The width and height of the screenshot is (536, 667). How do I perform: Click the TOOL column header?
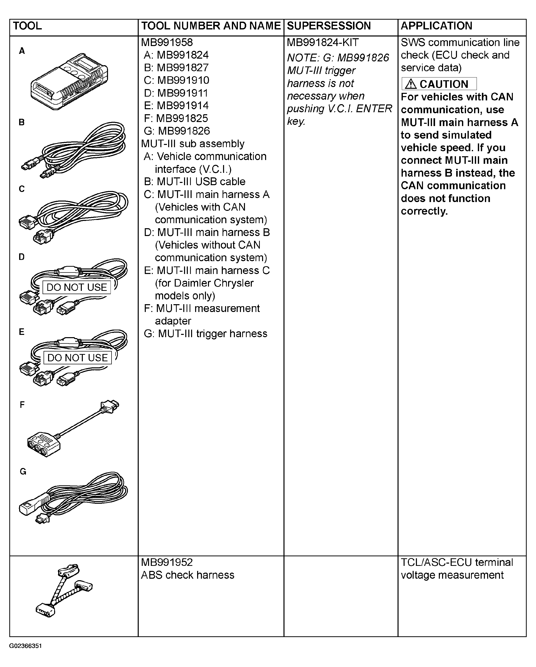click(27, 26)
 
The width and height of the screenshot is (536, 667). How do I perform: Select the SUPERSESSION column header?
click(329, 26)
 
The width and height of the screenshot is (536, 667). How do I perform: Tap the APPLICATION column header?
click(436, 26)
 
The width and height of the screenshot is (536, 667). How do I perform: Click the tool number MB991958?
click(167, 42)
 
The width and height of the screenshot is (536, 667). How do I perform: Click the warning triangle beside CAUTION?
click(411, 84)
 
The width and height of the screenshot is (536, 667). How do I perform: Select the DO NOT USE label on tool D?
click(77, 287)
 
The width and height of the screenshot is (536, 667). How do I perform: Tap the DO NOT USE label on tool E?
click(77, 358)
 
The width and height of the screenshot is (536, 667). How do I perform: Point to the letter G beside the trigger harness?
click(23, 472)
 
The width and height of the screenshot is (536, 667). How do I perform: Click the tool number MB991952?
click(167, 562)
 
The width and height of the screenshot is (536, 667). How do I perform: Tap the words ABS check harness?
click(187, 575)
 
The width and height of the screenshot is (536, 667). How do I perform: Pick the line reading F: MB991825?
click(176, 118)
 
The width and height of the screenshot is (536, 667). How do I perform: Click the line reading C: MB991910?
click(176, 80)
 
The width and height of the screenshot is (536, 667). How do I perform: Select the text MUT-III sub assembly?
click(193, 144)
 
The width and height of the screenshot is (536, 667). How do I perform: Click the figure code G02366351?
click(25, 646)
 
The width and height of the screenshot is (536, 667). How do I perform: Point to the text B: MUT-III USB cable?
click(194, 182)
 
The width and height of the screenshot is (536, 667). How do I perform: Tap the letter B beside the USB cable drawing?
click(21, 122)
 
